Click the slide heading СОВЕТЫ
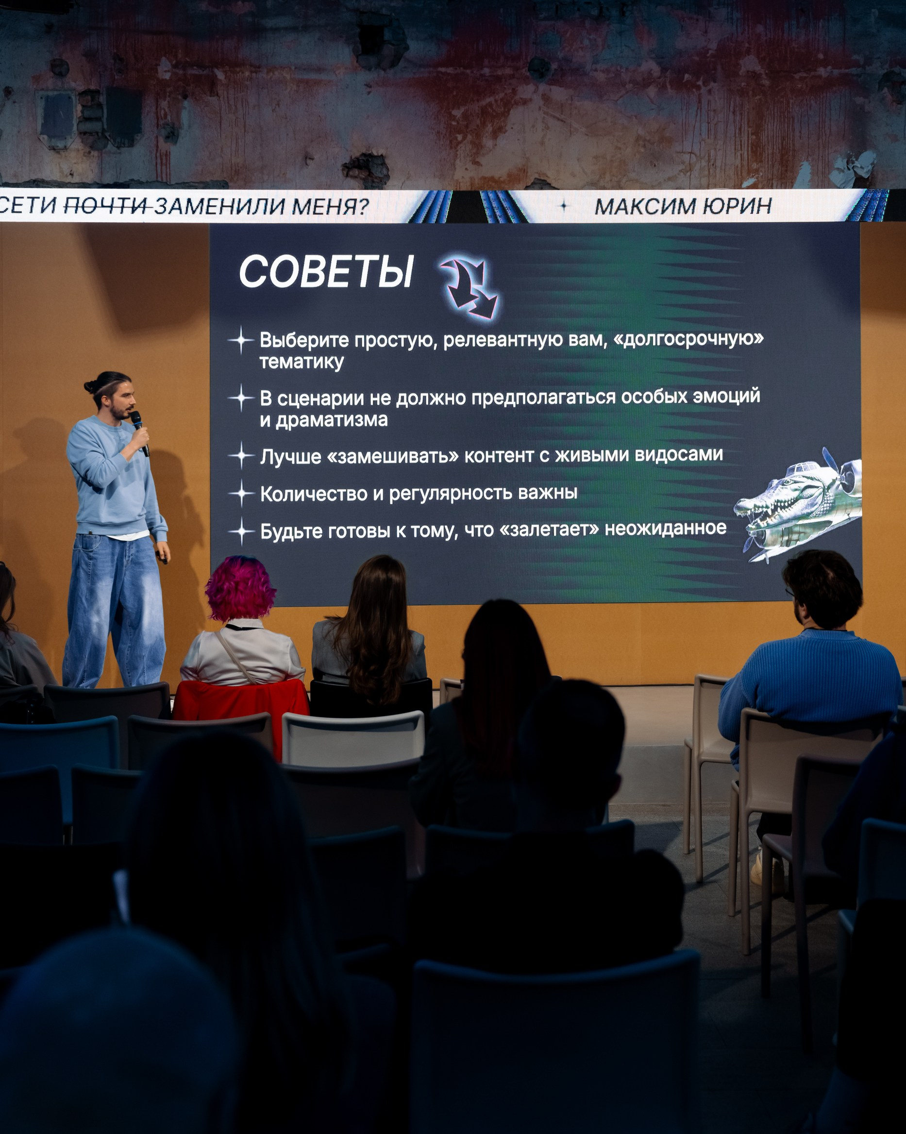coord(326,271)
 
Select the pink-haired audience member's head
coord(240,589)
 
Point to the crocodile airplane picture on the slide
coord(798,505)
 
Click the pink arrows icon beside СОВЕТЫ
coord(470,287)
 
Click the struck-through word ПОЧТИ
coord(107,206)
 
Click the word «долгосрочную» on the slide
coord(688,339)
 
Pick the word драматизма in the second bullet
coord(332,420)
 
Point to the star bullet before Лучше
coord(241,455)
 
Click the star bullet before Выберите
coord(241,340)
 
